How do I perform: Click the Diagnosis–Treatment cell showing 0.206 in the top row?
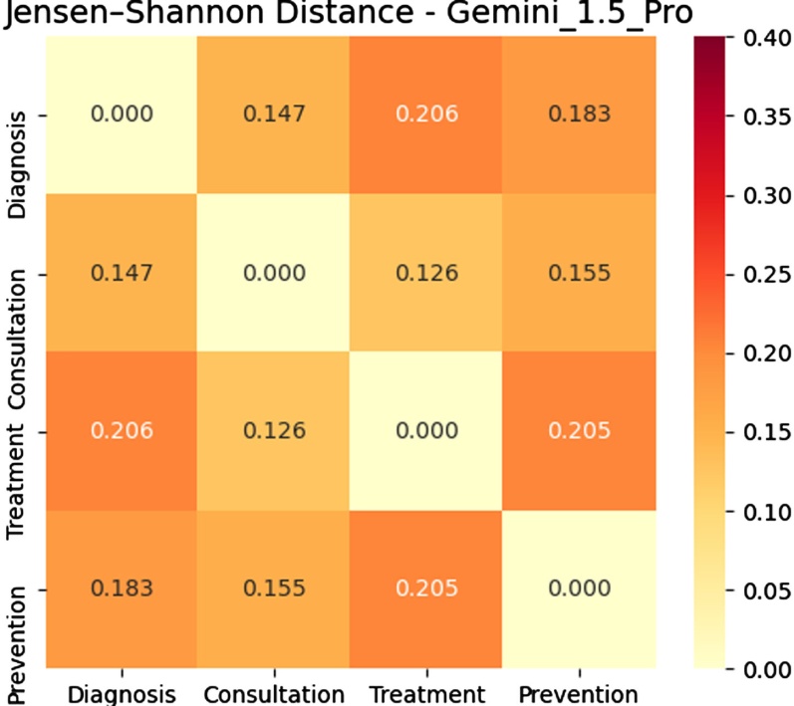pos(426,114)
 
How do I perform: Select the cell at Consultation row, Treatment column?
pos(426,272)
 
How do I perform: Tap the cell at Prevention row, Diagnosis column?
pos(122,588)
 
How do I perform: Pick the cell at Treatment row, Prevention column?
pos(581,431)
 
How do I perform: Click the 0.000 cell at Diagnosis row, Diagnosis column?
pos(122,114)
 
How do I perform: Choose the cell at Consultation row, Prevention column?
pos(581,272)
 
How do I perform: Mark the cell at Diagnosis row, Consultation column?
pos(274,114)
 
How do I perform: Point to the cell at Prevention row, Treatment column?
pos(426,588)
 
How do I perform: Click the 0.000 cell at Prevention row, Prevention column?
pos(581,588)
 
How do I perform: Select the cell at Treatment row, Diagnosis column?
pos(122,431)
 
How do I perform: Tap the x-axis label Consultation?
pos(274,693)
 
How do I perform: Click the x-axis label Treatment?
pos(426,693)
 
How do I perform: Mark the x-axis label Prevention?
pos(581,693)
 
